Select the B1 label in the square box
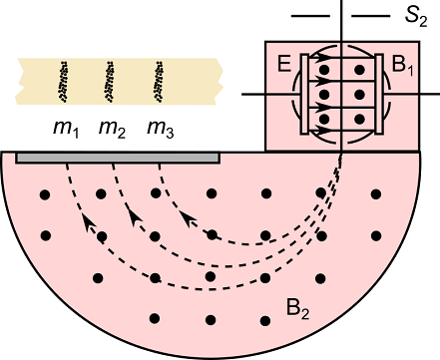point(404,68)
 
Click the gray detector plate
point(118,158)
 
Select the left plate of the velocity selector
point(306,93)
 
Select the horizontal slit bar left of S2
point(309,16)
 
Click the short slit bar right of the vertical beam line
point(368,16)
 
